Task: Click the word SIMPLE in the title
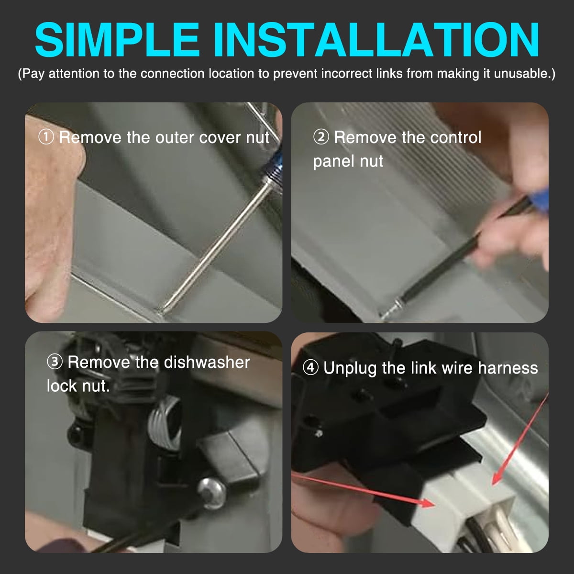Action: (117, 39)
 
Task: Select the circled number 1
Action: (46, 137)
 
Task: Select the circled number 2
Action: (321, 137)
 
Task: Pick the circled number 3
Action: (55, 362)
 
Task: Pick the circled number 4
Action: (311, 367)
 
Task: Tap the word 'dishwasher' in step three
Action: (207, 362)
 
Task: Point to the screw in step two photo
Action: (390, 311)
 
